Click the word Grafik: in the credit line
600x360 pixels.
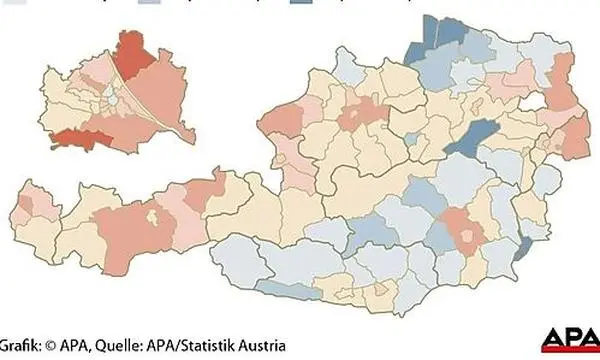(23, 341)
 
